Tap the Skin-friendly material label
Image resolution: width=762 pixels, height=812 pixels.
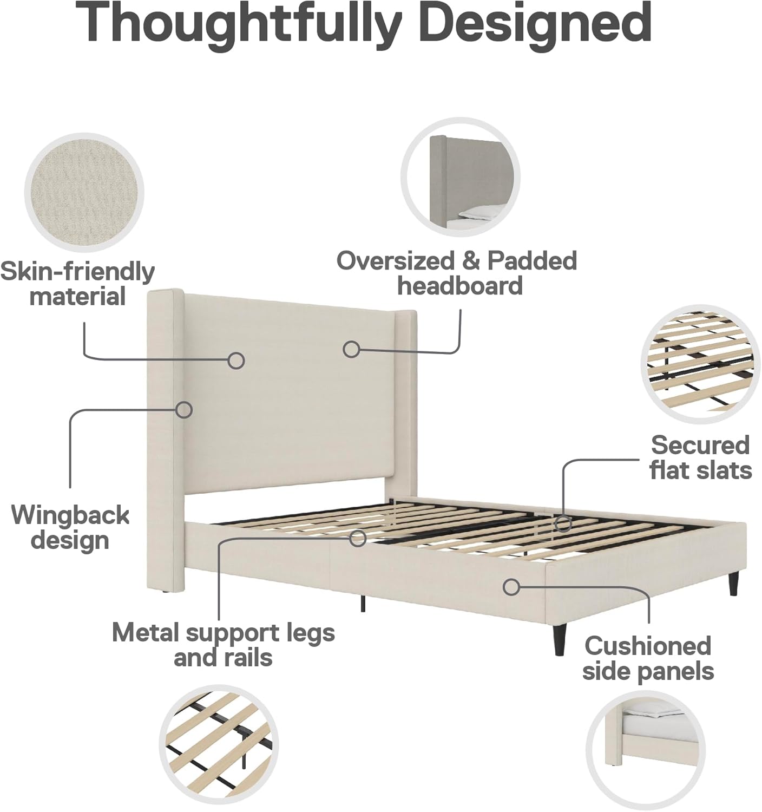77,284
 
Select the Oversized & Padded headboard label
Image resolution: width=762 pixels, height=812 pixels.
457,273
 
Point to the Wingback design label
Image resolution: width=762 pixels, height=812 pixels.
70,527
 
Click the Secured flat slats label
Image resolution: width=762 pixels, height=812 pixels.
700,457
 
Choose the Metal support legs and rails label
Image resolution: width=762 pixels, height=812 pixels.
224,645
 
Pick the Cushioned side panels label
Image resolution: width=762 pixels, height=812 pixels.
648,658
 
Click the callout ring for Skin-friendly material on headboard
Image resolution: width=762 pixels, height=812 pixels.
235,361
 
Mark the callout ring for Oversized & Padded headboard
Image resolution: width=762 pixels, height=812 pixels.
352,349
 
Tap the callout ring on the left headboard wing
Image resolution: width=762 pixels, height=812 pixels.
185,409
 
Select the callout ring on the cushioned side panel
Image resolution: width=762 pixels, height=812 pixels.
511,586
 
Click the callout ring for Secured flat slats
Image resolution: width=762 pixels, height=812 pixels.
563,523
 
